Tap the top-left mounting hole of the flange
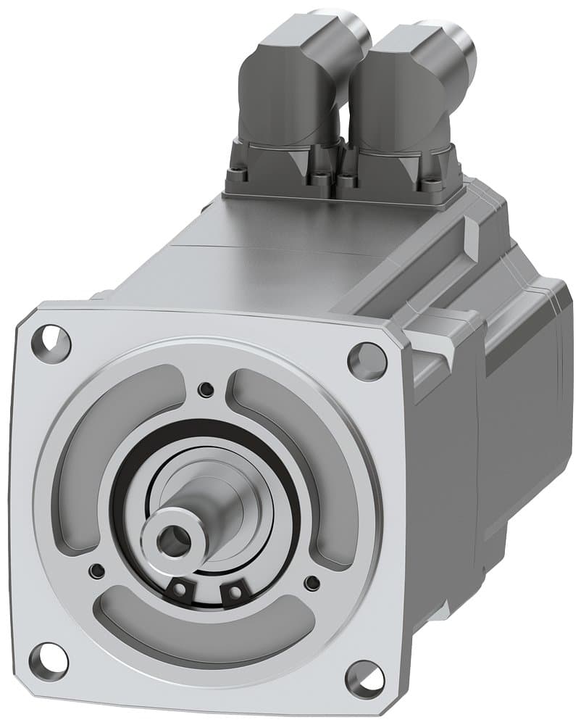(54, 341)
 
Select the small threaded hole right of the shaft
(312, 582)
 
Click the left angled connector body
(290, 94)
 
